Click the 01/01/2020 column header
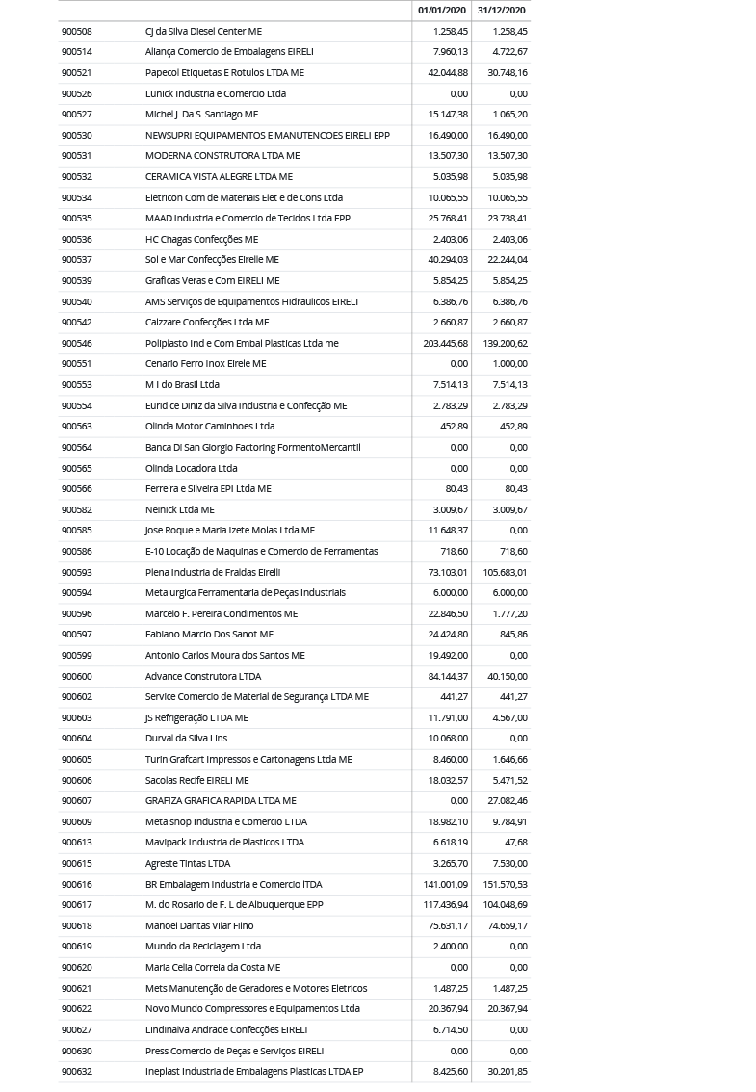(x=441, y=11)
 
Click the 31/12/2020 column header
(x=501, y=11)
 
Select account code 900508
(x=76, y=31)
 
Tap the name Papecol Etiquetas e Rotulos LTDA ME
(x=223, y=72)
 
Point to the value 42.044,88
(x=447, y=72)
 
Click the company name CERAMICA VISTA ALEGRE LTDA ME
(x=218, y=176)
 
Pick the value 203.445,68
(x=445, y=343)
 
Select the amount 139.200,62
(x=505, y=343)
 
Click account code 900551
(x=76, y=363)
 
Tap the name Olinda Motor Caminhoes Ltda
(x=209, y=426)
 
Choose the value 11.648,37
(x=447, y=530)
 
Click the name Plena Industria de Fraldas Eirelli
(x=212, y=572)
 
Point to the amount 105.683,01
(x=505, y=572)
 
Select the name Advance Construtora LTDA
(x=202, y=676)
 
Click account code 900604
(x=76, y=738)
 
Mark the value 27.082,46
(x=507, y=800)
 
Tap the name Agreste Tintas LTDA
(x=187, y=863)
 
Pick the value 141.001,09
(x=445, y=884)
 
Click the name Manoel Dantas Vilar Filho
(x=198, y=925)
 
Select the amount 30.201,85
(x=507, y=1071)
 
